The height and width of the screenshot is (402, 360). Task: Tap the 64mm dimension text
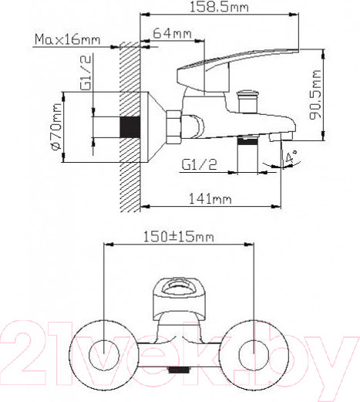pyautogui.click(x=172, y=34)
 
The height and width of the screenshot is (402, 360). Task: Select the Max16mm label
pyautogui.click(x=67, y=39)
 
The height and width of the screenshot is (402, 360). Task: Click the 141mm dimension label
pyautogui.click(x=212, y=199)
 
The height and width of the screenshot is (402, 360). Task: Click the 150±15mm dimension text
pyautogui.click(x=178, y=237)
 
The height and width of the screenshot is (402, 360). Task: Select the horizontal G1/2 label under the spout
pyautogui.click(x=198, y=164)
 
